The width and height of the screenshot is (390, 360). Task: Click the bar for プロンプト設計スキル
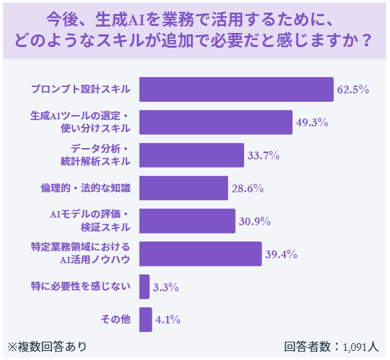pos(236,90)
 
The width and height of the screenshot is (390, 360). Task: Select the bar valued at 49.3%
pos(215,122)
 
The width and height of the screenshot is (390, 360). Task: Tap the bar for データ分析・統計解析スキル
pos(191,155)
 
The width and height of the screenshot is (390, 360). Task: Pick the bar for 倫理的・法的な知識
pos(184,188)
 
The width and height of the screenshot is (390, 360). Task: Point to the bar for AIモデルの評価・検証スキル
pos(187,221)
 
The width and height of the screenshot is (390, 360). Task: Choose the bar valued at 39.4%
pos(201,254)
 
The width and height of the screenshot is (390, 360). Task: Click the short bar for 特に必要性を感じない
pos(144,286)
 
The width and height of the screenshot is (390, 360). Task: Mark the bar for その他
pos(146,319)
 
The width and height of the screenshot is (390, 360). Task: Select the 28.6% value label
pos(248,189)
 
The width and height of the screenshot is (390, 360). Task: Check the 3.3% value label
pos(166,287)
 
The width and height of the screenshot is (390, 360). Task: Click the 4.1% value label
pos(168,320)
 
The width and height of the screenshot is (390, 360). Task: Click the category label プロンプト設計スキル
pos(81,90)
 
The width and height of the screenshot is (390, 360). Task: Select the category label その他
pos(116,319)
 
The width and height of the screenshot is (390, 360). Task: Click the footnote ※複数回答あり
pos(48,346)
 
